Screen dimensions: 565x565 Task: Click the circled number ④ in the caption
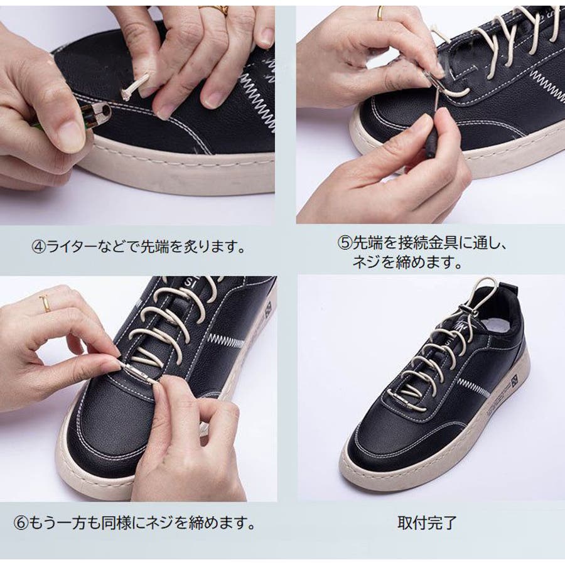pos(39,247)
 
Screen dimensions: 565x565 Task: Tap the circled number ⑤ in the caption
pos(344,243)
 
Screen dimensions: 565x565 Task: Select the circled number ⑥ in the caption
pos(21,523)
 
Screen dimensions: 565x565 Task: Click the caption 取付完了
pos(427,523)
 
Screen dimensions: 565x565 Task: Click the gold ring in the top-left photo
pos(216,9)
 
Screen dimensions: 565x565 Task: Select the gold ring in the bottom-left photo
pos(45,303)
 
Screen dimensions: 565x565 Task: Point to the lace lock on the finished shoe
pos(466,309)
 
